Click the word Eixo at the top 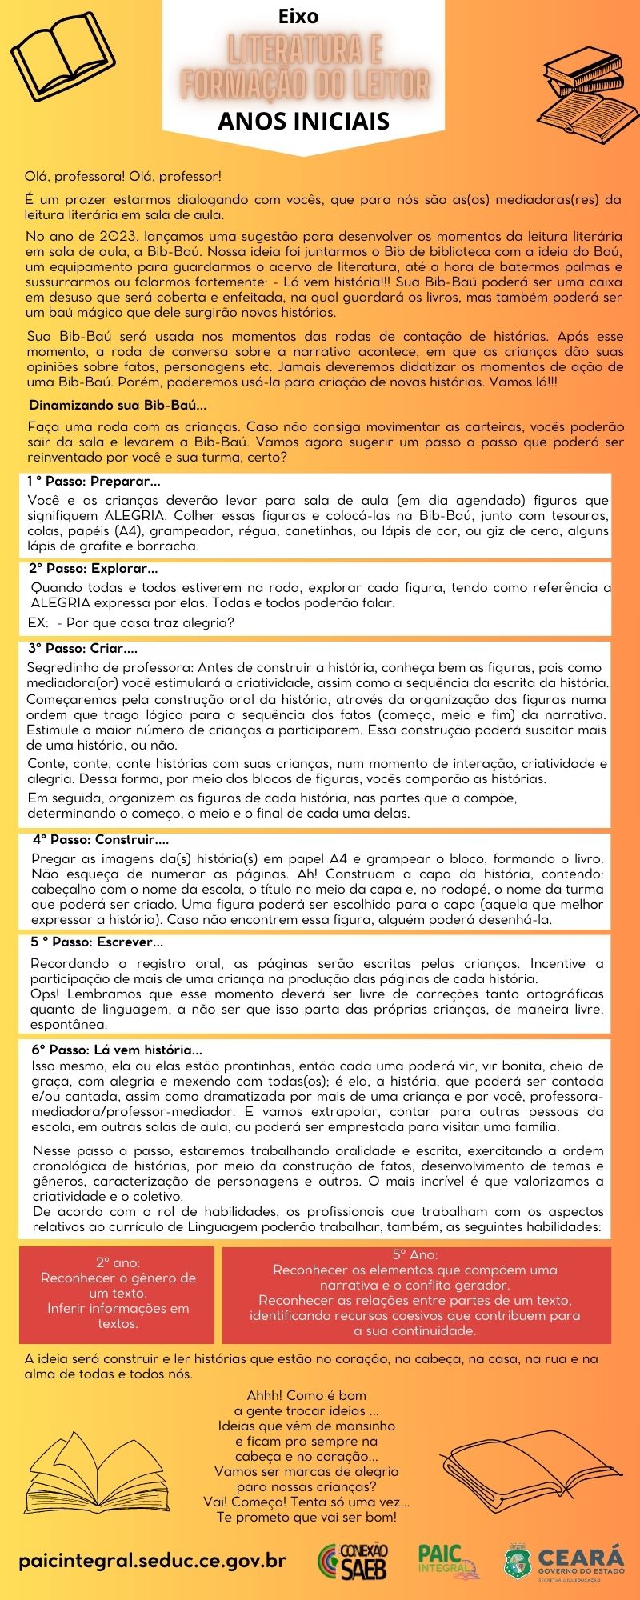tap(298, 16)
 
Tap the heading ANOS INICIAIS tap(303, 121)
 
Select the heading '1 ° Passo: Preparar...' tap(94, 482)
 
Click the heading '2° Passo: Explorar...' tap(94, 569)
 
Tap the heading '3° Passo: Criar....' tap(83, 648)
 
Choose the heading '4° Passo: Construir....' tap(101, 840)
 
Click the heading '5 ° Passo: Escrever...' tap(97, 942)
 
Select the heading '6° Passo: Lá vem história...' tap(117, 1050)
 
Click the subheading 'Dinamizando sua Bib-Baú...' tap(118, 405)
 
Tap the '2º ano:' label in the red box tap(117, 1262)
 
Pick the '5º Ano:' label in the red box tap(414, 1254)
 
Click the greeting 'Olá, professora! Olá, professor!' tap(123, 176)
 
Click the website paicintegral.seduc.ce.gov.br tap(152, 1561)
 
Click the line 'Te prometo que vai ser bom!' tap(306, 1517)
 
